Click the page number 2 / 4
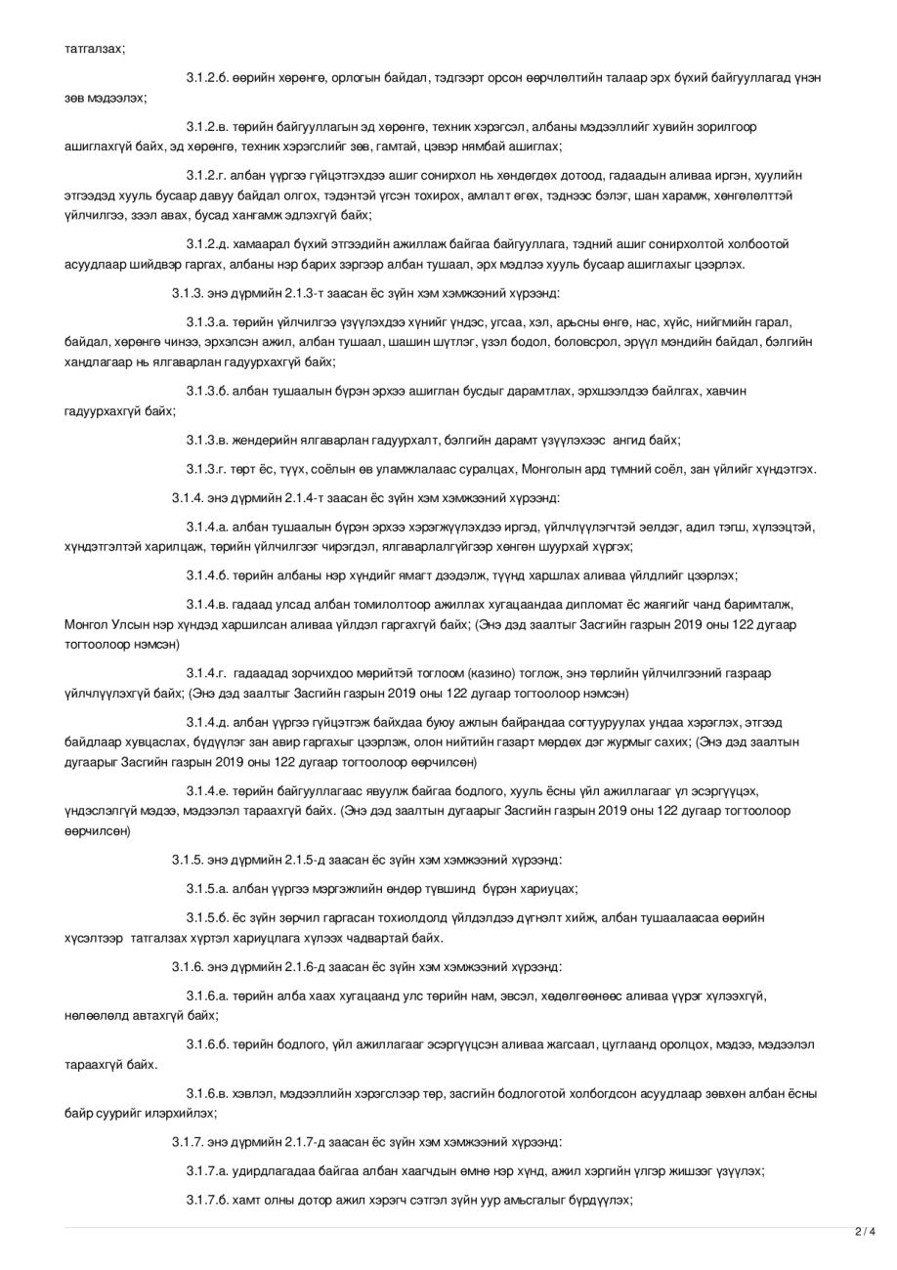[x=865, y=1231]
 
